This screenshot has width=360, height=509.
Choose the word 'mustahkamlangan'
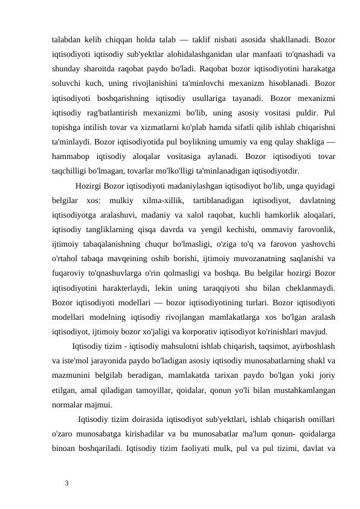pyautogui.click(x=301, y=391)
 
